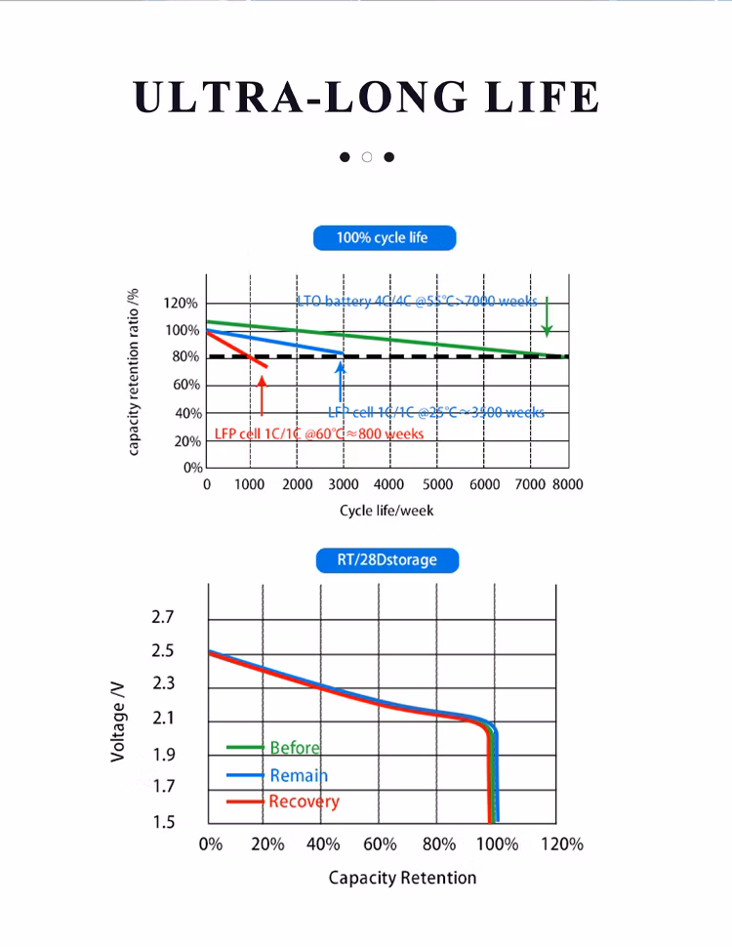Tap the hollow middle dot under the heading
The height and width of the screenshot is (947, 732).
tap(367, 157)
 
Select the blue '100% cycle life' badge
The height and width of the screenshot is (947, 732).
tap(383, 237)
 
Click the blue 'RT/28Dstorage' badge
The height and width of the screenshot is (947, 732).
tap(387, 560)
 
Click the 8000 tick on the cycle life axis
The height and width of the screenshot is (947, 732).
tap(567, 484)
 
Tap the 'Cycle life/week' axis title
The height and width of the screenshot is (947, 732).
tap(386, 511)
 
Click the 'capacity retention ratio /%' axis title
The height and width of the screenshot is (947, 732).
tap(134, 372)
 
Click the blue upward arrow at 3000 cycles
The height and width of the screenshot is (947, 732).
tap(341, 381)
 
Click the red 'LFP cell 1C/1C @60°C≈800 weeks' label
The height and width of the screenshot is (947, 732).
tap(319, 433)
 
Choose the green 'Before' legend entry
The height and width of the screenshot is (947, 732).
tap(294, 748)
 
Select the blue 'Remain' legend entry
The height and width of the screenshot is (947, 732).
tap(298, 775)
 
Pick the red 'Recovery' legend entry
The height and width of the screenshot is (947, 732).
tap(304, 802)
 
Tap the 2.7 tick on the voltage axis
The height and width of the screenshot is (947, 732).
tap(162, 617)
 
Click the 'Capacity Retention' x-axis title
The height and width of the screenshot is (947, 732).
tap(402, 878)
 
